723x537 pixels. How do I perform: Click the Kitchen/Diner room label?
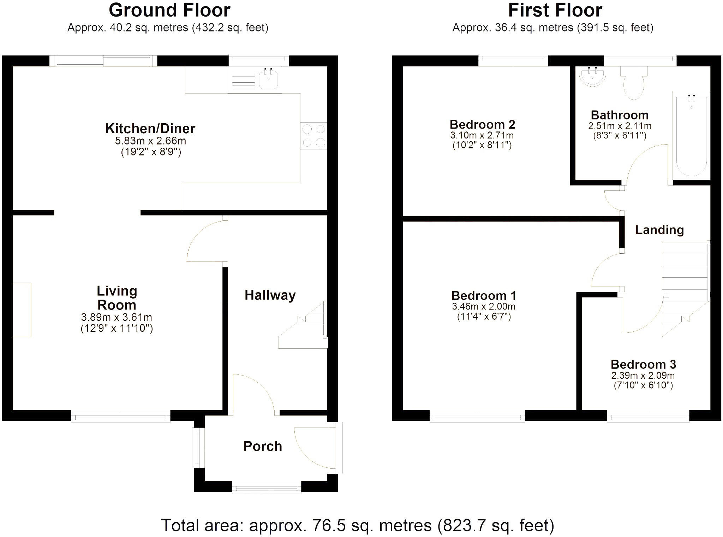tap(150, 129)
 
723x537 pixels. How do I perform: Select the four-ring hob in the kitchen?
tap(314, 136)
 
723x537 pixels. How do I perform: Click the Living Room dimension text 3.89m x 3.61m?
tap(116, 317)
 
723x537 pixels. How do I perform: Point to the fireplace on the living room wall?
tap(22, 309)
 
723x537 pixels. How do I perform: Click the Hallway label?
tap(270, 295)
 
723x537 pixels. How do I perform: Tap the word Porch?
tap(263, 447)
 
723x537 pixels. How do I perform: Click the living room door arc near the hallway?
tap(205, 240)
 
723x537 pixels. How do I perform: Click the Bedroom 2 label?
tap(482, 125)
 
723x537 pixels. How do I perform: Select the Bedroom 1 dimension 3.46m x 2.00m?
tap(483, 307)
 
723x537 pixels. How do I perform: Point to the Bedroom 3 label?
tap(643, 365)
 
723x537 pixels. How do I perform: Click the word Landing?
tap(659, 230)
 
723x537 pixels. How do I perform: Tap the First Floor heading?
tap(555, 11)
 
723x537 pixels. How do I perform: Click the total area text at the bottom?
tap(357, 525)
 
